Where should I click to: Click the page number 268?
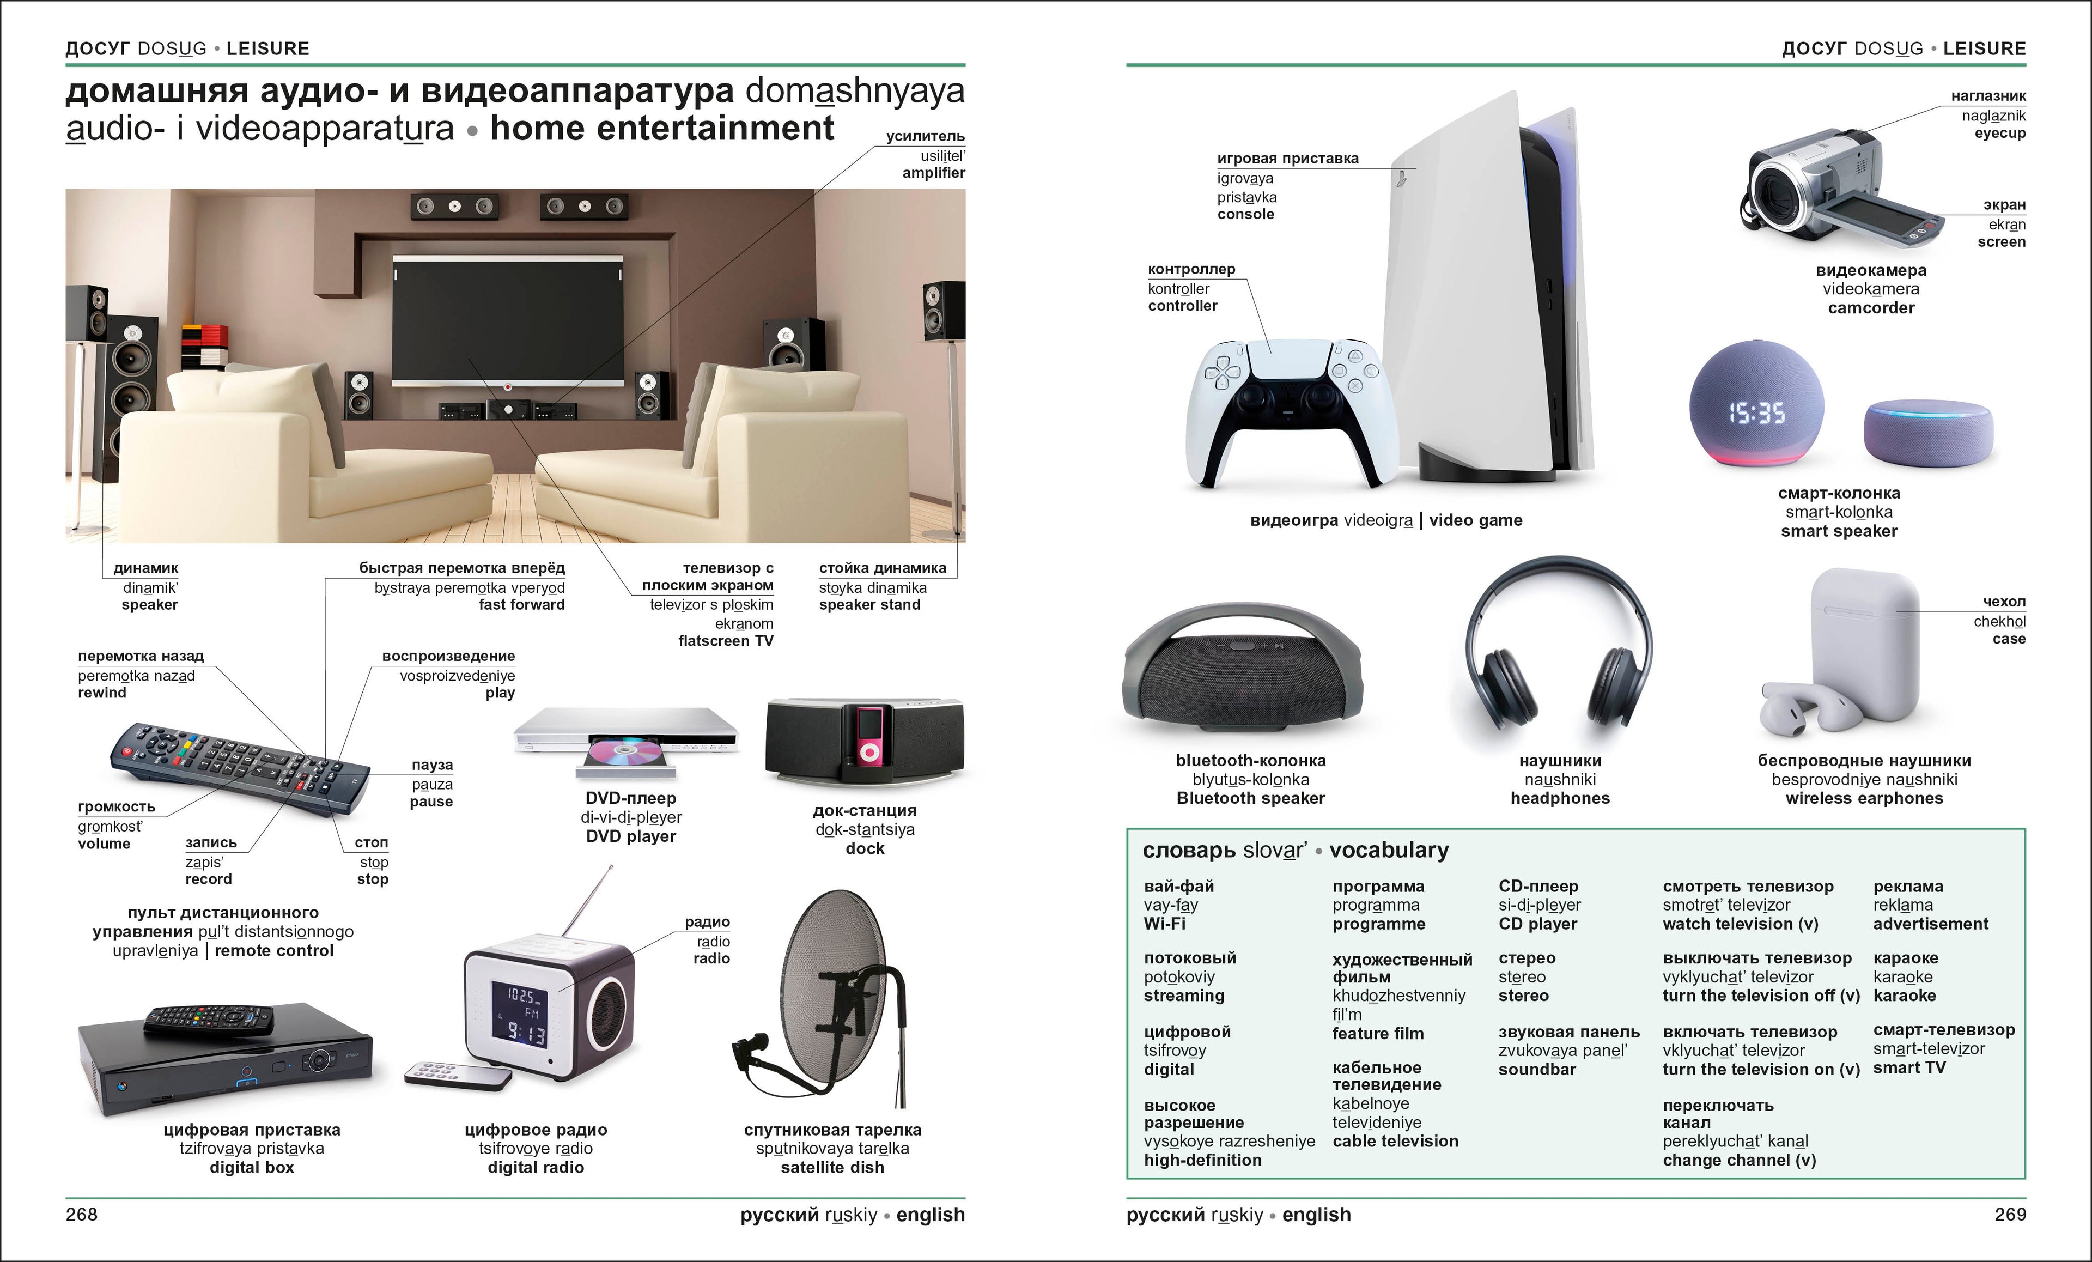click(x=82, y=1215)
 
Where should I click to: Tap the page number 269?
click(x=2010, y=1215)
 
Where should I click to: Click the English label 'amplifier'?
click(x=933, y=172)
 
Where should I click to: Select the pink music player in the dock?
click(x=868, y=735)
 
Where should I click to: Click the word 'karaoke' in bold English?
click(x=1905, y=996)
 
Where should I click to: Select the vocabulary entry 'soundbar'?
click(x=1537, y=1069)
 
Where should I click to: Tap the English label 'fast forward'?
click(x=521, y=605)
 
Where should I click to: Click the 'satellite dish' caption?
click(x=832, y=1168)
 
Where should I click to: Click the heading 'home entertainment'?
click(x=662, y=128)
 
